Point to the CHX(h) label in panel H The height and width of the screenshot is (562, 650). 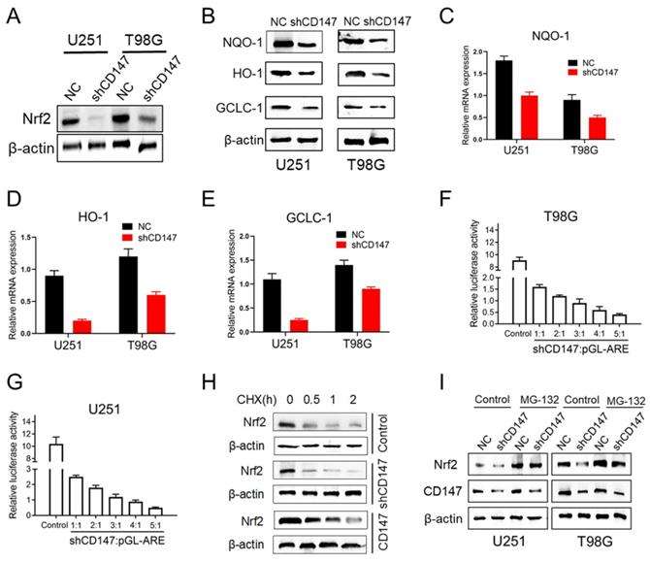click(244, 372)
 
